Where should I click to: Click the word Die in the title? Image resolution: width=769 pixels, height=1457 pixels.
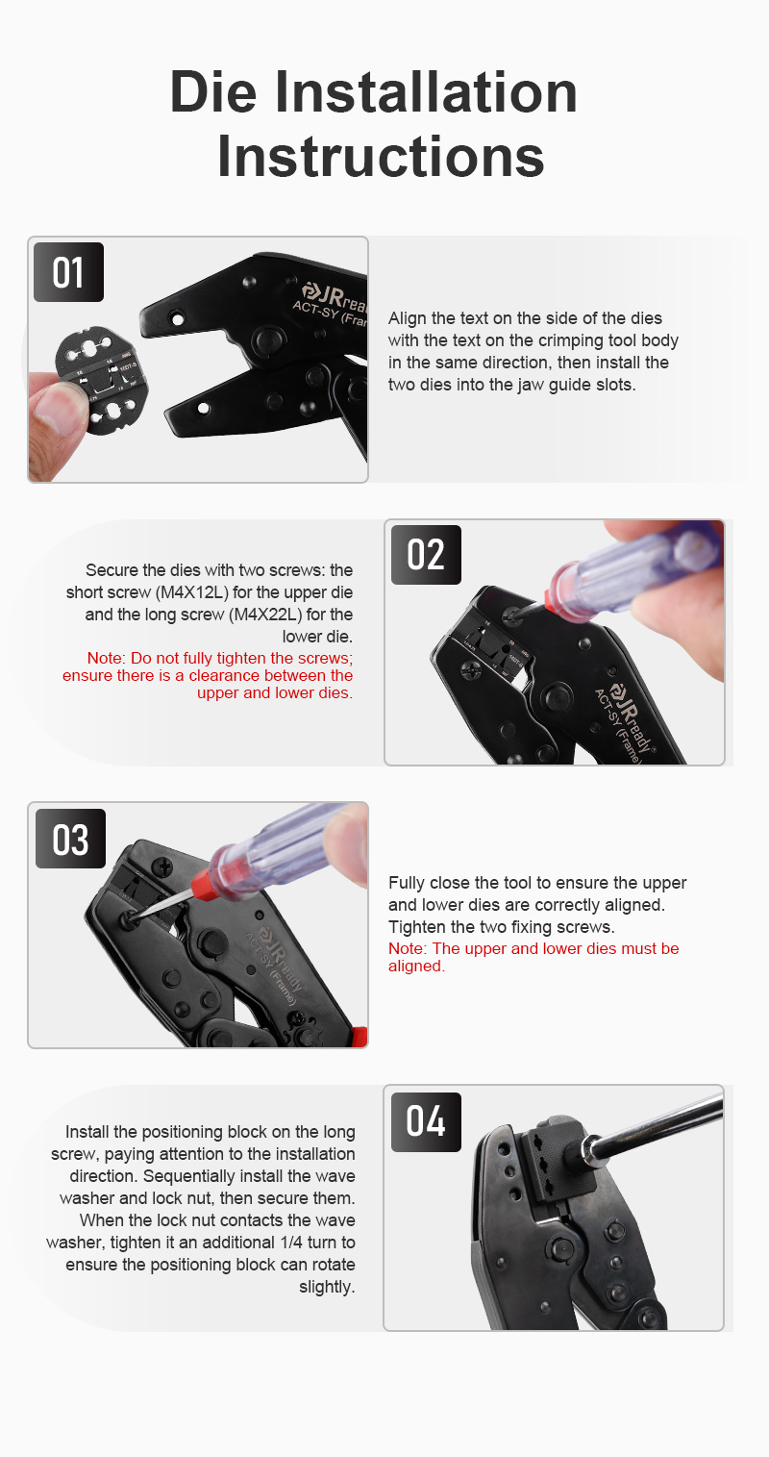click(212, 92)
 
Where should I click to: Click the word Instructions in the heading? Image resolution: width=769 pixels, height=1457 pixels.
click(381, 156)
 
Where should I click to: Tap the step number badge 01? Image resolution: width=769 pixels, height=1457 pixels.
click(68, 272)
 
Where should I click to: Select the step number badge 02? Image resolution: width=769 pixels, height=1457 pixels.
click(426, 554)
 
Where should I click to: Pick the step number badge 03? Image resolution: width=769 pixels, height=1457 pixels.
click(70, 839)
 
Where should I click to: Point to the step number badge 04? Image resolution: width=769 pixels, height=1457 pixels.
click(426, 1122)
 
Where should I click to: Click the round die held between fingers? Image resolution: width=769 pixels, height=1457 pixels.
click(101, 381)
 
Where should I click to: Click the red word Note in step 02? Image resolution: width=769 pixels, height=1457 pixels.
click(105, 658)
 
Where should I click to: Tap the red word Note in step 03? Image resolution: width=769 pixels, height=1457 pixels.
click(407, 948)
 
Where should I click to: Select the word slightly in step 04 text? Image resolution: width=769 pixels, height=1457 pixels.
click(326, 1287)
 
